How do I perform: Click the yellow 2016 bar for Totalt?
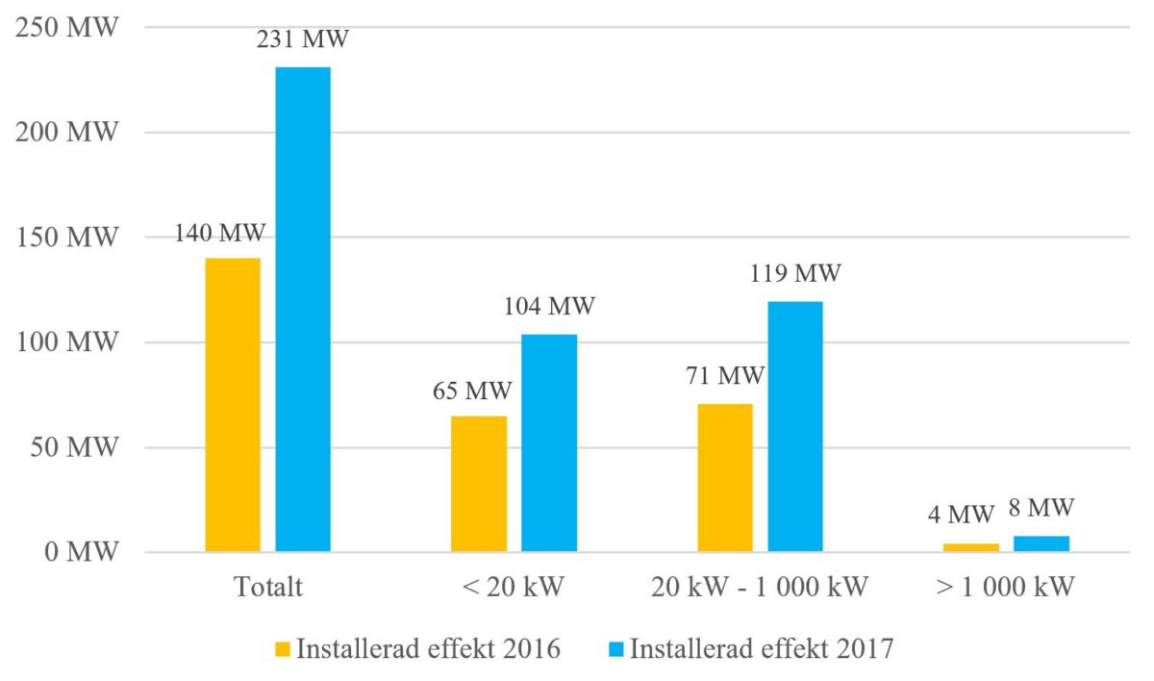click(233, 405)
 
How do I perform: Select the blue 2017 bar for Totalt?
click(303, 310)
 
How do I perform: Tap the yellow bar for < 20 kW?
click(479, 484)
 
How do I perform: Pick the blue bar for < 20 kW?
click(549, 442)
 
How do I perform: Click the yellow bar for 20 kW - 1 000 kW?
click(725, 478)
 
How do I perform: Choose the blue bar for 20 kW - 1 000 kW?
click(795, 427)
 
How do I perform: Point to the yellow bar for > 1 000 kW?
click(971, 547)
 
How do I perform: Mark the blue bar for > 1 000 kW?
click(1041, 543)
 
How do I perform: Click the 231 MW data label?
click(303, 40)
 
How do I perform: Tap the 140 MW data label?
click(220, 233)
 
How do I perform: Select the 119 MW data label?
click(795, 274)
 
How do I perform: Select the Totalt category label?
click(268, 587)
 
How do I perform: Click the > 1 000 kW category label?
click(1006, 587)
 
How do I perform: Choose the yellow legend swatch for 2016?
click(283, 649)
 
